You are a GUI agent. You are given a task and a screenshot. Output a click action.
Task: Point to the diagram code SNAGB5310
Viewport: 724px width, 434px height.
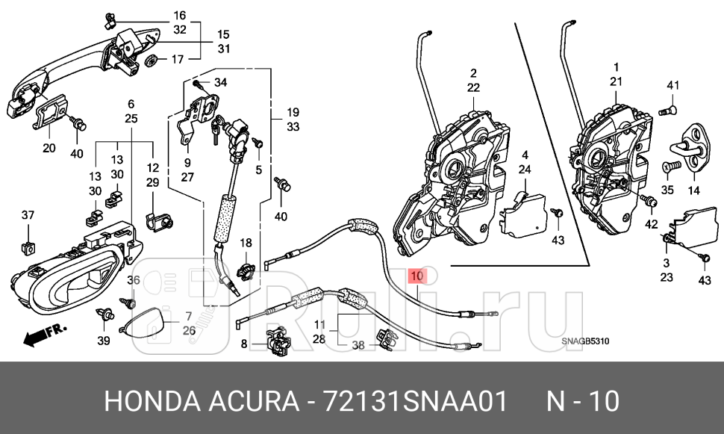[x=586, y=342]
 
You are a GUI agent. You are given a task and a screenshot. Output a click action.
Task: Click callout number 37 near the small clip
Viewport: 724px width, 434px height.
[x=28, y=216]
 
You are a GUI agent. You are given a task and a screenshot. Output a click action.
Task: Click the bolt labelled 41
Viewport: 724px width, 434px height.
[x=669, y=111]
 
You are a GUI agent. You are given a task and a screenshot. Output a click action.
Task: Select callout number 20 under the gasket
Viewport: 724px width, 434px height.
[x=49, y=148]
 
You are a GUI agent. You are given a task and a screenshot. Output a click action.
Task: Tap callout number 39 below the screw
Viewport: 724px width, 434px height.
[x=103, y=341]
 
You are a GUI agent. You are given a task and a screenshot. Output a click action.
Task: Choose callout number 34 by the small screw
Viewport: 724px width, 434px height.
[x=220, y=81]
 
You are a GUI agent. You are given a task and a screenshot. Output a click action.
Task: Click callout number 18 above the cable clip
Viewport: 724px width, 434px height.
[x=246, y=244]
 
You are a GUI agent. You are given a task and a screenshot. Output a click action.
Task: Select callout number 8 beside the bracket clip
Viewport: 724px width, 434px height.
[x=243, y=344]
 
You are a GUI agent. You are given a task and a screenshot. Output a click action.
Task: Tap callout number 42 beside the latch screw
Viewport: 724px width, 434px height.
[x=652, y=224]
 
